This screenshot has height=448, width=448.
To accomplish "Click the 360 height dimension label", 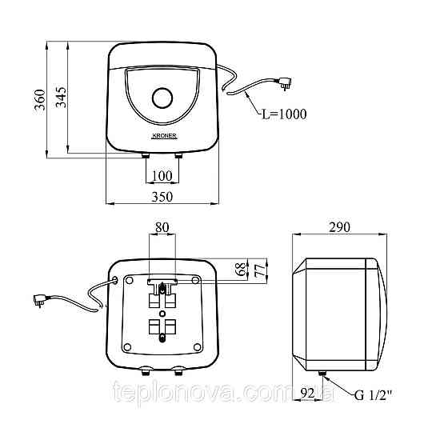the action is coord(40,100).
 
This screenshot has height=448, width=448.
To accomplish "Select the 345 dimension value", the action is coord(61,97).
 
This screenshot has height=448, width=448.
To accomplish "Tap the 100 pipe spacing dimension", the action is coord(162,176).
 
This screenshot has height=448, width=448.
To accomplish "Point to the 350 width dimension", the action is coord(162,197).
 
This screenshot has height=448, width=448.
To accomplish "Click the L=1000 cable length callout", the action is coord(284,114).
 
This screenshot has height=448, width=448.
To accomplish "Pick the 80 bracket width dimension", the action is coord(162,228).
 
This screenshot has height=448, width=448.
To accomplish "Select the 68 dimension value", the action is coord(242,269).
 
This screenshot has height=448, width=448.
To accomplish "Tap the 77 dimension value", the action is coord(260,270).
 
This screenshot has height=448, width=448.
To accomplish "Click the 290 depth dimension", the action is coord(339,227).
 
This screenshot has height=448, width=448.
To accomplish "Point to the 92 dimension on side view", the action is coord(308,394).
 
